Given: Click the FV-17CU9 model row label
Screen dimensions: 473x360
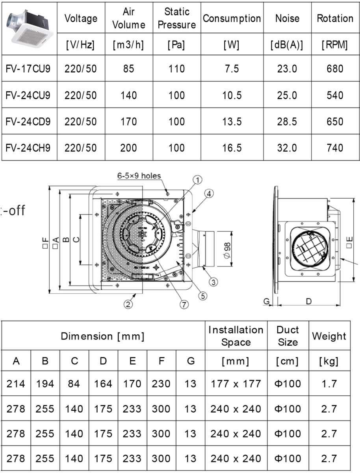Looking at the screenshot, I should [28, 69].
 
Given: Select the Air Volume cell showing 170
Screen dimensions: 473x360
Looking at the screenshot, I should [129, 121].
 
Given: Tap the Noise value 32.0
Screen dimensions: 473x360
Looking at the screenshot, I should [287, 148].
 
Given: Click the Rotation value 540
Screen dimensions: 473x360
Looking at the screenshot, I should [335, 95].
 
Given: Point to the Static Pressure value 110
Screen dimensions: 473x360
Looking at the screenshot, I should [176, 69].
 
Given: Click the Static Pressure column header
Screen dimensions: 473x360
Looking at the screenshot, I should [176, 18].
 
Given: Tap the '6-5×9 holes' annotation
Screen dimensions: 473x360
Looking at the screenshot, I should [139, 176].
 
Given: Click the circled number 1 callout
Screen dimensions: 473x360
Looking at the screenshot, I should [197, 180].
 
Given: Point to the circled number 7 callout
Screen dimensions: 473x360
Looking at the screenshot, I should [184, 304].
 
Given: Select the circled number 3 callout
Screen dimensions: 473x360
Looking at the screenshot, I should [213, 281].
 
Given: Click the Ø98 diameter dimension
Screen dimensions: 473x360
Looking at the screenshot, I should [227, 249].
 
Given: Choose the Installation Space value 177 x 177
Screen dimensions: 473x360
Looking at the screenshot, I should [236, 383].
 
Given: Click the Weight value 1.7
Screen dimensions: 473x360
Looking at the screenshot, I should [329, 383].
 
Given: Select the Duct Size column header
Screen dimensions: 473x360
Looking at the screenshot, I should [288, 336].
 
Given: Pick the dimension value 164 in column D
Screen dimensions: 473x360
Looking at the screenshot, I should [103, 383].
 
